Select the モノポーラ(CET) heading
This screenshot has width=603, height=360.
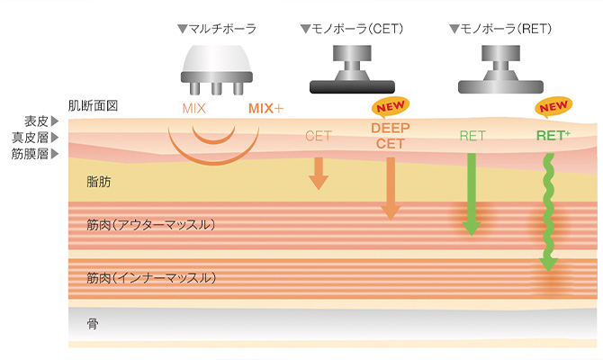pos(351,30)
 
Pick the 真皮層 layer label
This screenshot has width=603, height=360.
pos(34,138)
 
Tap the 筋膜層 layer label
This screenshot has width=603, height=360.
pos(34,154)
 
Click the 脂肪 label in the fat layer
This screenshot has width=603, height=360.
pos(99,183)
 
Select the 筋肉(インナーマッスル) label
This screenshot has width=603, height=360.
pos(151,278)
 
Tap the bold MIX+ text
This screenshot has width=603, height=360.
pos(265,109)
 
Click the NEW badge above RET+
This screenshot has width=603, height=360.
pos(553,107)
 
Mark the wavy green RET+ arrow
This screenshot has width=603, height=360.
pos(546,212)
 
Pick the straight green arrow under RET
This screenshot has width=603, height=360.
pos(471,193)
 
